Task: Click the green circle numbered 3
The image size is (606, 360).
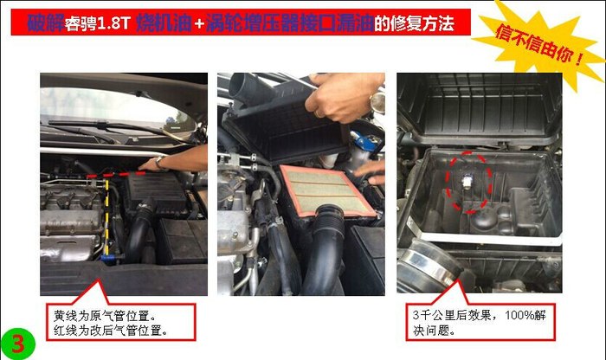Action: (17, 343)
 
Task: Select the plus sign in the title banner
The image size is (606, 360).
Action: (199, 24)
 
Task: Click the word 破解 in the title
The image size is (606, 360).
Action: (46, 23)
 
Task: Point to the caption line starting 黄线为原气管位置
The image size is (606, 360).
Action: (105, 316)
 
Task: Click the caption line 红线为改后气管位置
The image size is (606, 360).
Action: (111, 331)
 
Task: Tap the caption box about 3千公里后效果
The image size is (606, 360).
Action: (480, 322)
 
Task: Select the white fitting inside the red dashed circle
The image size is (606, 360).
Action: (467, 181)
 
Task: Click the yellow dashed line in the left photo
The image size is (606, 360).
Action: (107, 218)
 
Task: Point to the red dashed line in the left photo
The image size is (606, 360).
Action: (116, 175)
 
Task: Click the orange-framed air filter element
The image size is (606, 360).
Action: (327, 192)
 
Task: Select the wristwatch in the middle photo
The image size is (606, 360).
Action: (377, 101)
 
